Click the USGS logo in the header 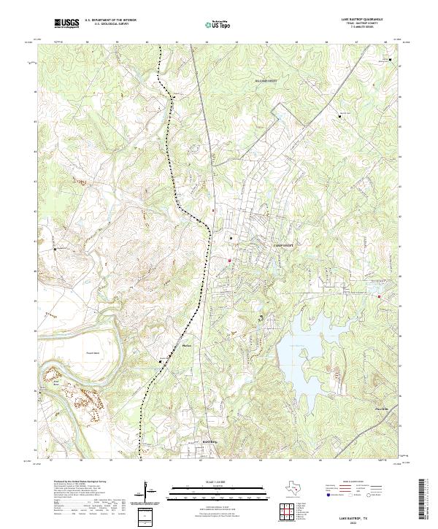tap(66, 24)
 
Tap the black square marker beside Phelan tap(161, 360)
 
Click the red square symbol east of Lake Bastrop tap(380, 296)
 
